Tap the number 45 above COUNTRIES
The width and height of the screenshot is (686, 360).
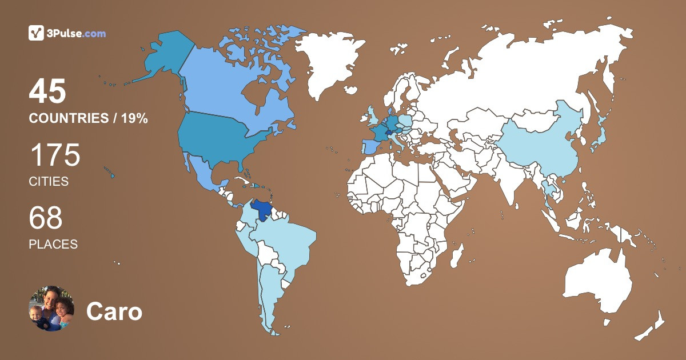(x=48, y=91)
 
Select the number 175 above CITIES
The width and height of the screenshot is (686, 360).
(x=55, y=155)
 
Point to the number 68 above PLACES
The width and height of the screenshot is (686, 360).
(x=46, y=218)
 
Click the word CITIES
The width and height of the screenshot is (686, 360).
(x=49, y=182)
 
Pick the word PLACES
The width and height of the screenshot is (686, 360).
(x=53, y=244)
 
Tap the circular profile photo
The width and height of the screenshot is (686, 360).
(x=51, y=309)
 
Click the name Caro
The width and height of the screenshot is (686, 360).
(x=114, y=312)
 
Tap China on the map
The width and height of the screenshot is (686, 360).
(x=537, y=143)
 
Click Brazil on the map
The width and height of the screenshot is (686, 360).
(x=286, y=240)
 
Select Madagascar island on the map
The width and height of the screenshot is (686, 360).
(x=456, y=255)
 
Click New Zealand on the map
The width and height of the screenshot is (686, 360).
(x=652, y=326)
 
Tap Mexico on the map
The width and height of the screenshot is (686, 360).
(x=203, y=171)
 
